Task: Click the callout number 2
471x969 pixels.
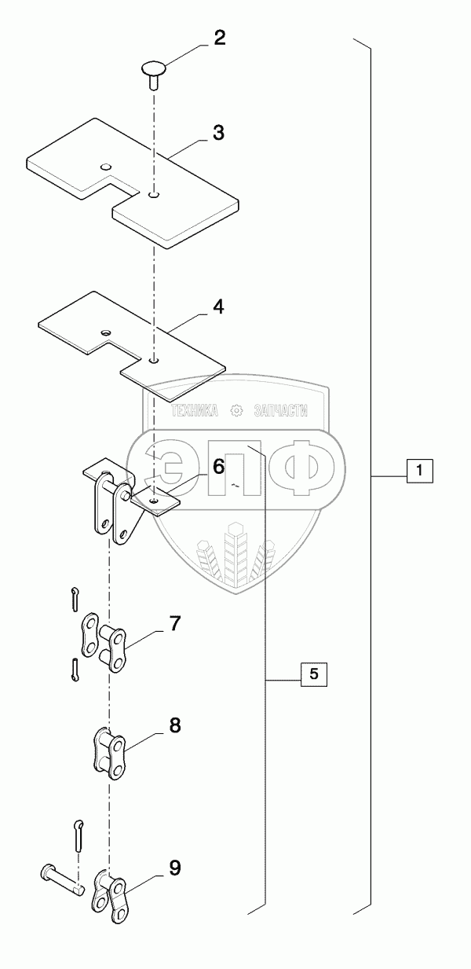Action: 219,39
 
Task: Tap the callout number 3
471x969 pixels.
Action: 219,132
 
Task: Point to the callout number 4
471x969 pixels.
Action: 218,307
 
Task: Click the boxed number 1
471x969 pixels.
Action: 420,472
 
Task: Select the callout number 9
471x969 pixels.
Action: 174,868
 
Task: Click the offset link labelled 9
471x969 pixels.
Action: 111,897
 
